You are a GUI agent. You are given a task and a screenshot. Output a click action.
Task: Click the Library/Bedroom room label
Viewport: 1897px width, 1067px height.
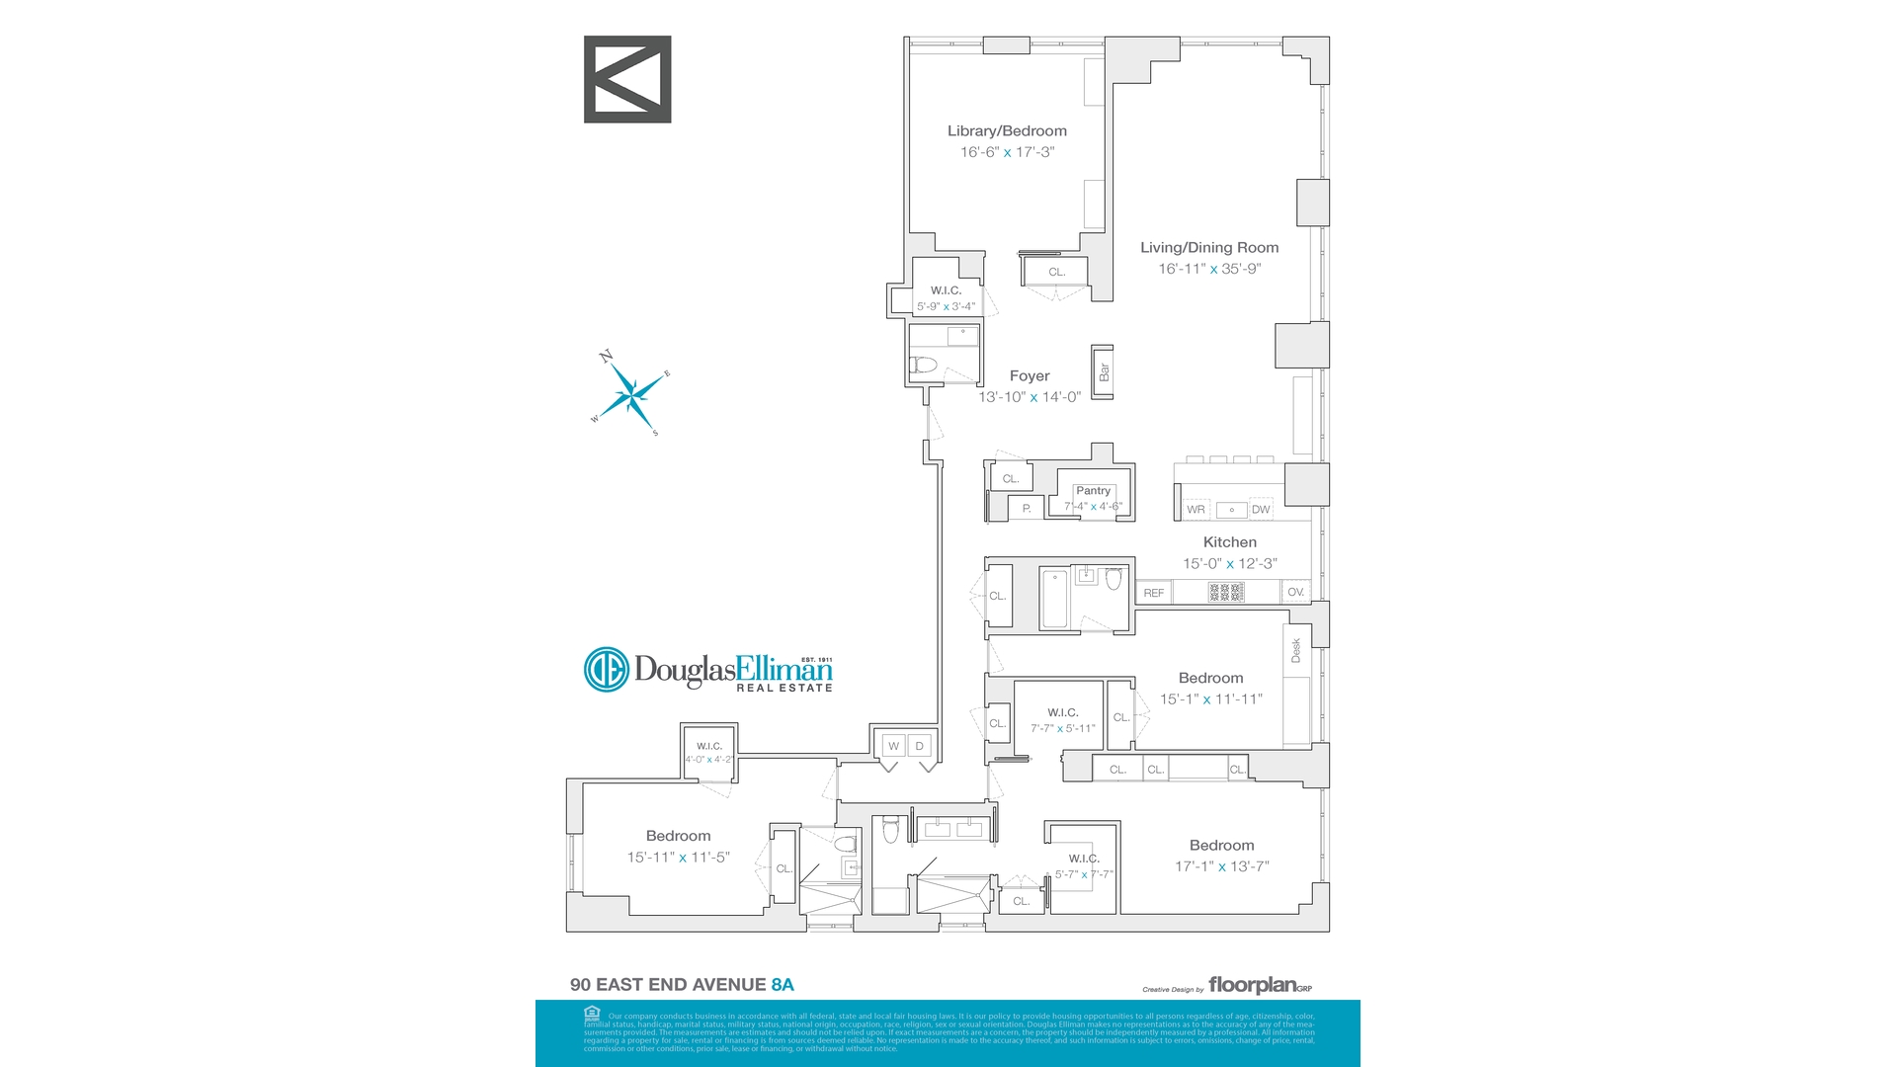1007,130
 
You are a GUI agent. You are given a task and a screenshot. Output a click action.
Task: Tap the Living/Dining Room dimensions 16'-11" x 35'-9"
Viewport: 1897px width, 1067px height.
1209,269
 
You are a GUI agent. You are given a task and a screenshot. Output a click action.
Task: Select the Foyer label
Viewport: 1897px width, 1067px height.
1030,375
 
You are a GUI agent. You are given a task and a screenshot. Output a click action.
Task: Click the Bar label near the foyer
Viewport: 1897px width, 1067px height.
1104,372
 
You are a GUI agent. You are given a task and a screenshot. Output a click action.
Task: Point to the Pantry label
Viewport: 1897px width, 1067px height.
1093,490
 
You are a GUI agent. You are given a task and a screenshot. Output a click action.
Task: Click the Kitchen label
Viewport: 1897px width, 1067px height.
1230,541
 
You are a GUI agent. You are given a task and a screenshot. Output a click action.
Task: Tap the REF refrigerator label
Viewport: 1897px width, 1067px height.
1153,593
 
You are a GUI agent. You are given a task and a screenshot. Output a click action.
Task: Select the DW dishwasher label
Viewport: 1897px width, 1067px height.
1261,510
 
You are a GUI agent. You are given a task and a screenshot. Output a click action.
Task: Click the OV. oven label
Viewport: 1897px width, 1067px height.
1295,593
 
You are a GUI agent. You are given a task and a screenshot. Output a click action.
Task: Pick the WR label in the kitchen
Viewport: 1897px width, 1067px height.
1196,510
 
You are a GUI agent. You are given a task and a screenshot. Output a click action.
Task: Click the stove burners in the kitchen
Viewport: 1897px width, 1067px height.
1225,593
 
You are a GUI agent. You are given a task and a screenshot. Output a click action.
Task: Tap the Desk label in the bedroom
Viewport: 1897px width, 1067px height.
1296,650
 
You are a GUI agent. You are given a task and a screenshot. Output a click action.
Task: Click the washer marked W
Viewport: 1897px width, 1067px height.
893,746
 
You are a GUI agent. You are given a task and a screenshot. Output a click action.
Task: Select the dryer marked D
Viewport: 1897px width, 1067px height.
920,746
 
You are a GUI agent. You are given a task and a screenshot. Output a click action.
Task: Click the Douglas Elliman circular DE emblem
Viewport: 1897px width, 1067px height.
606,670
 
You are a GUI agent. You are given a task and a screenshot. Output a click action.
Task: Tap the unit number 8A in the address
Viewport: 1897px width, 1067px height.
783,984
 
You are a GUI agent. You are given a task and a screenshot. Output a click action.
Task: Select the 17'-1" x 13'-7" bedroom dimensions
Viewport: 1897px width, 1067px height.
1221,866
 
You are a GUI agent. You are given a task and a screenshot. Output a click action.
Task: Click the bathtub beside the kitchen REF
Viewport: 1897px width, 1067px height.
1054,599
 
